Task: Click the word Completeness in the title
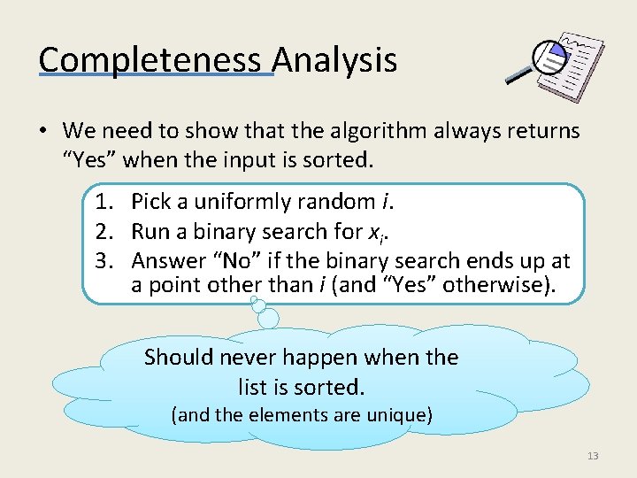(x=150, y=60)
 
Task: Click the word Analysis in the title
(x=334, y=60)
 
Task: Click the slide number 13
(x=593, y=456)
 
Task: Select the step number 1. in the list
(x=109, y=203)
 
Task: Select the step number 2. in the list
(x=109, y=232)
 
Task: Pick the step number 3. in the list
(x=109, y=261)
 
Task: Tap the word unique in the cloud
(x=397, y=414)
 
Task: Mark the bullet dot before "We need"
(x=42, y=133)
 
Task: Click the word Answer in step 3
(x=165, y=261)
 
